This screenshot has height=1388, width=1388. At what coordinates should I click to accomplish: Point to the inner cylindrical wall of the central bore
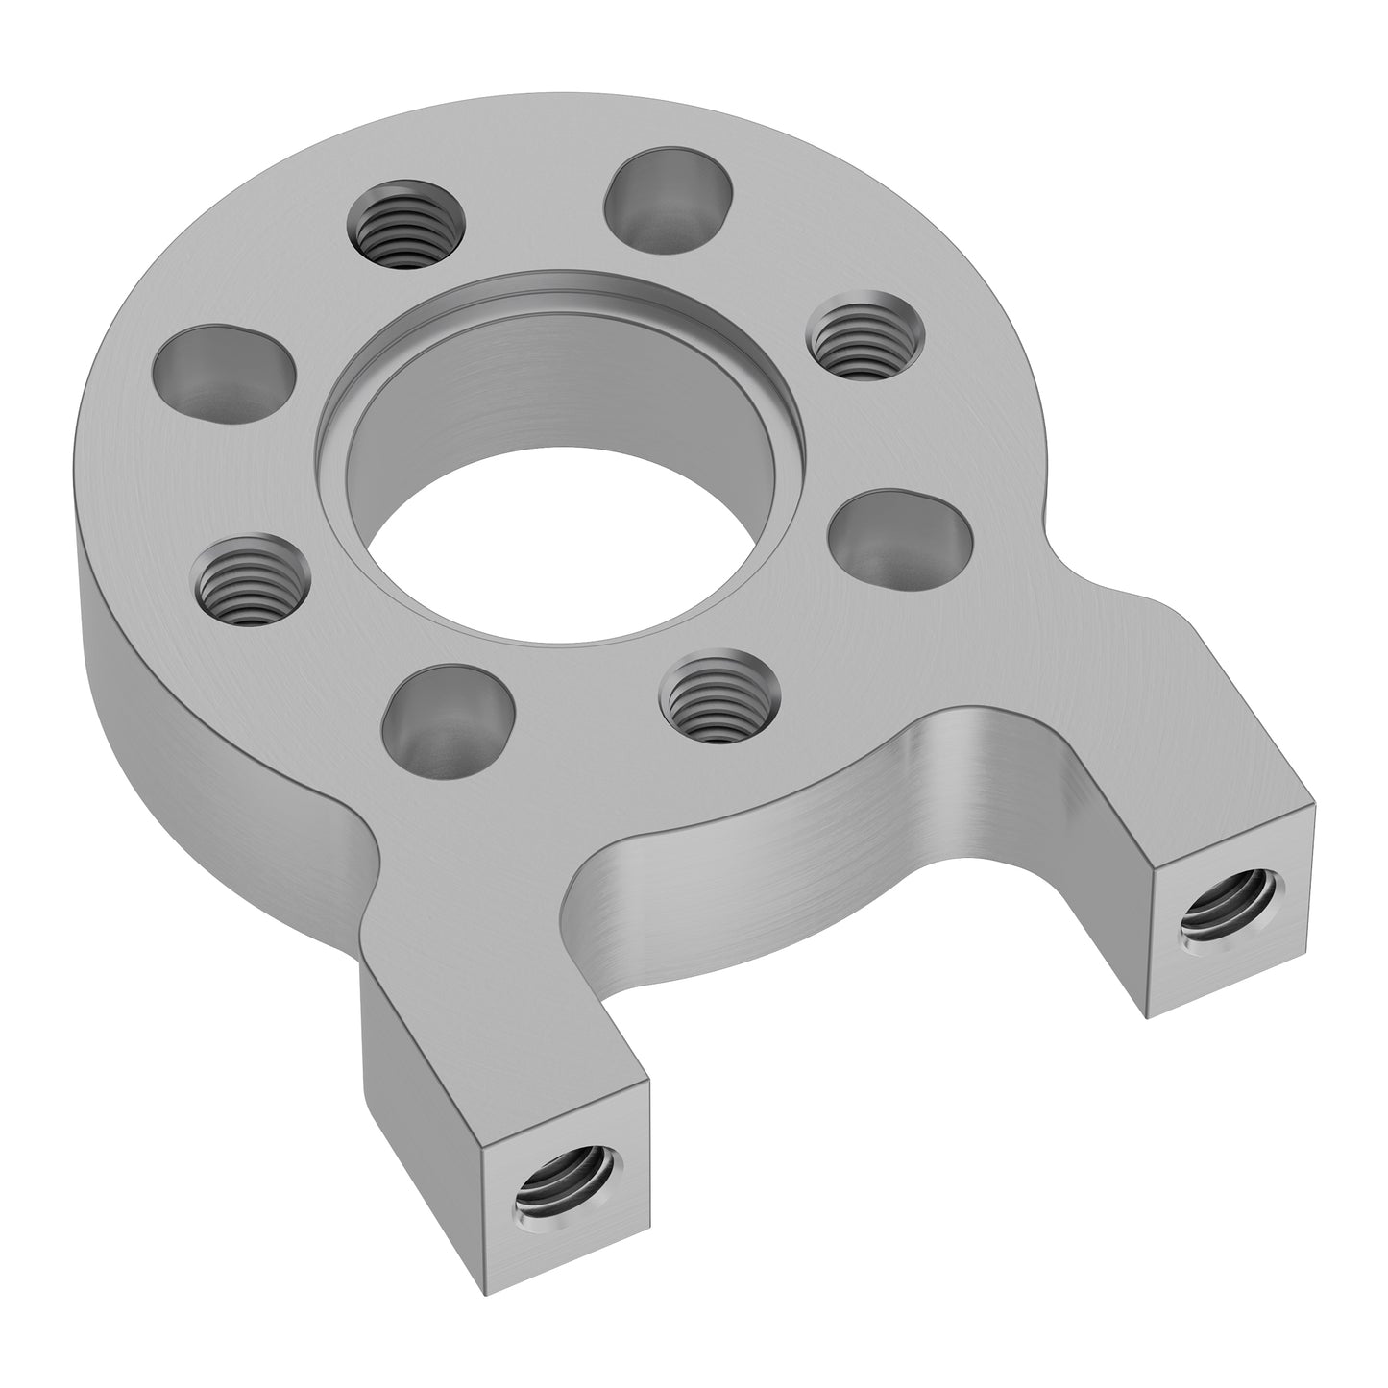tap(576, 394)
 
